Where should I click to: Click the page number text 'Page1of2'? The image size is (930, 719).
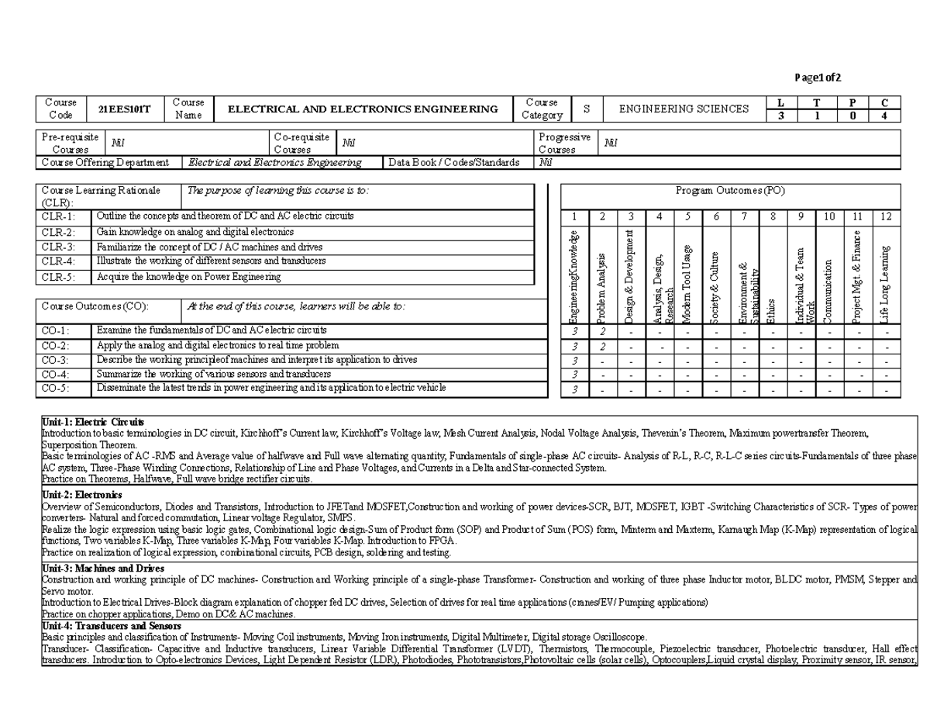point(818,78)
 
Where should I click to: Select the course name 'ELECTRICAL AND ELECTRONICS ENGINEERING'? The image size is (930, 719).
point(363,109)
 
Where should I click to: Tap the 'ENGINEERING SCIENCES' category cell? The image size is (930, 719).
point(684,109)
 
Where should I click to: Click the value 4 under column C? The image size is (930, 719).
point(885,116)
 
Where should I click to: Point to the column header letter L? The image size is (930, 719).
point(780,102)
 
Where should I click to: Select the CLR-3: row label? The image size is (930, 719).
point(60,247)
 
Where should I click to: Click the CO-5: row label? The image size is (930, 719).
point(55,389)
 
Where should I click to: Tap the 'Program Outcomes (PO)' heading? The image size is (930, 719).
point(730,192)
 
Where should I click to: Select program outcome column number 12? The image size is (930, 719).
point(887,216)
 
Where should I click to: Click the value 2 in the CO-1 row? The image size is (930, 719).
point(602,332)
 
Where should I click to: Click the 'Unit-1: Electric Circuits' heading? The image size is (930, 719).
point(92,421)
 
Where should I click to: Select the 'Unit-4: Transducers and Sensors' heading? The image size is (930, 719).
point(112,625)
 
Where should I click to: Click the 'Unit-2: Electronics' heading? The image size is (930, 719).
point(81,495)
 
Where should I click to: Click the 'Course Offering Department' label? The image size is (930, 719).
point(105,163)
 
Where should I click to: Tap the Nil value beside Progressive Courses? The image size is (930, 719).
point(610,142)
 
